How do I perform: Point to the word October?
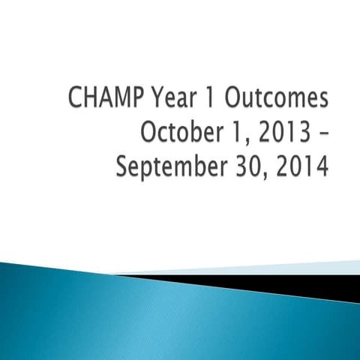coord(175,133)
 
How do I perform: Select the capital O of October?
coord(148,133)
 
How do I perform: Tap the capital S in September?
coord(124,166)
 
